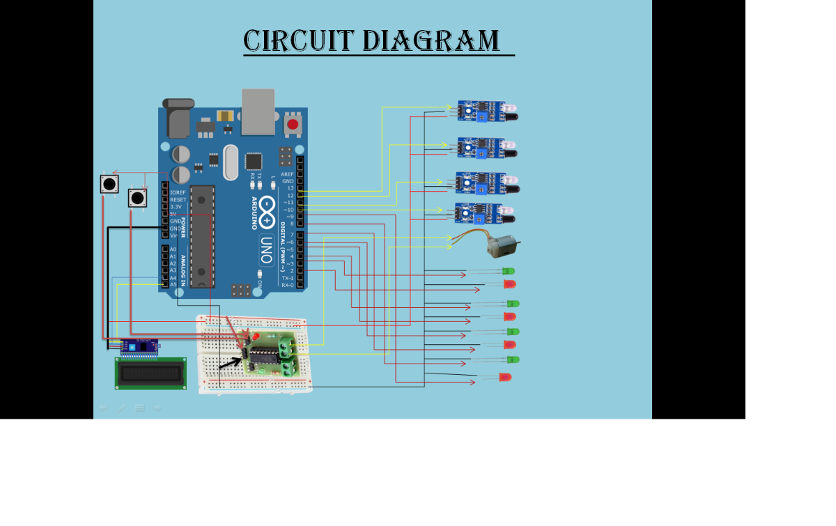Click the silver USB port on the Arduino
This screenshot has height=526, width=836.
tap(258, 111)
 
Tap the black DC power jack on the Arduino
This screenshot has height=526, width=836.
tap(178, 120)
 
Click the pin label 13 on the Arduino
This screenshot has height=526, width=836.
tap(289, 188)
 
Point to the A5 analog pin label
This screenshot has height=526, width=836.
tap(173, 284)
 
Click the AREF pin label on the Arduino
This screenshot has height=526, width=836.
tap(287, 174)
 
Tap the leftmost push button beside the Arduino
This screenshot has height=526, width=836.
tap(109, 185)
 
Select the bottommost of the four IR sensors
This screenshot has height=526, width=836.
tap(481, 212)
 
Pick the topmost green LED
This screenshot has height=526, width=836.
tap(509, 271)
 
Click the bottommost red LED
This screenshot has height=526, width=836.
tap(505, 377)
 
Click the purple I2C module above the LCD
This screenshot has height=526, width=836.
tap(139, 346)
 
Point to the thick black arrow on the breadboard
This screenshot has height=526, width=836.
tap(229, 364)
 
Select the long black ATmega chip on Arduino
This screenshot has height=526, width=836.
tap(202, 236)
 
